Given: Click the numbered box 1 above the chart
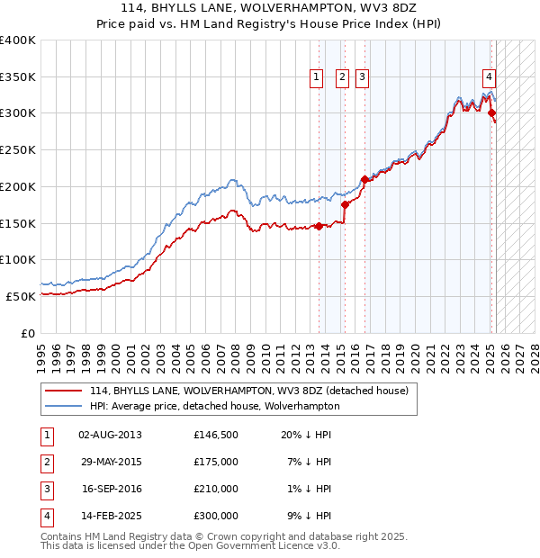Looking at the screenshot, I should tap(318, 78).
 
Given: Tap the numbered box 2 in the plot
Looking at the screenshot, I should tap(343, 78).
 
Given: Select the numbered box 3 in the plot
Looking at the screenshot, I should tap(362, 78).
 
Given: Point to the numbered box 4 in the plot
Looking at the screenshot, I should tap(489, 78).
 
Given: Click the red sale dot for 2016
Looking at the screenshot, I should tap(364, 179).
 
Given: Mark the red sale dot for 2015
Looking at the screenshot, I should tap(345, 205).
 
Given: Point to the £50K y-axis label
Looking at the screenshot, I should tap(22, 296).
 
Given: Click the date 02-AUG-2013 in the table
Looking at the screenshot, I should tap(110, 435).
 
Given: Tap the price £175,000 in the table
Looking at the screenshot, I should tap(216, 462).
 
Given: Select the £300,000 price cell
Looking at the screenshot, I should tap(216, 516).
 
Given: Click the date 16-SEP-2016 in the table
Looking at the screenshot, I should tap(110, 489).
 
